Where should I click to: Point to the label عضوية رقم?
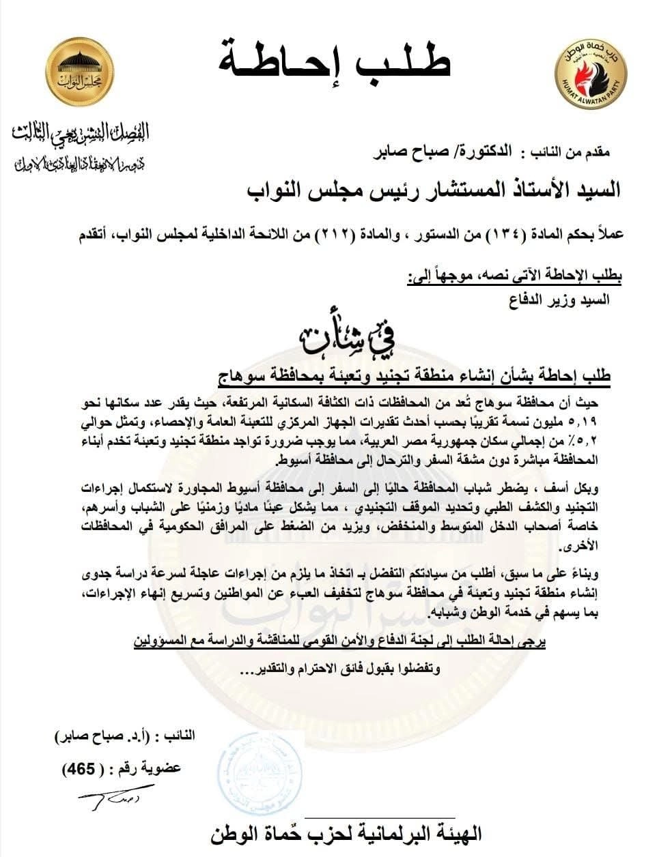[154, 768]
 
